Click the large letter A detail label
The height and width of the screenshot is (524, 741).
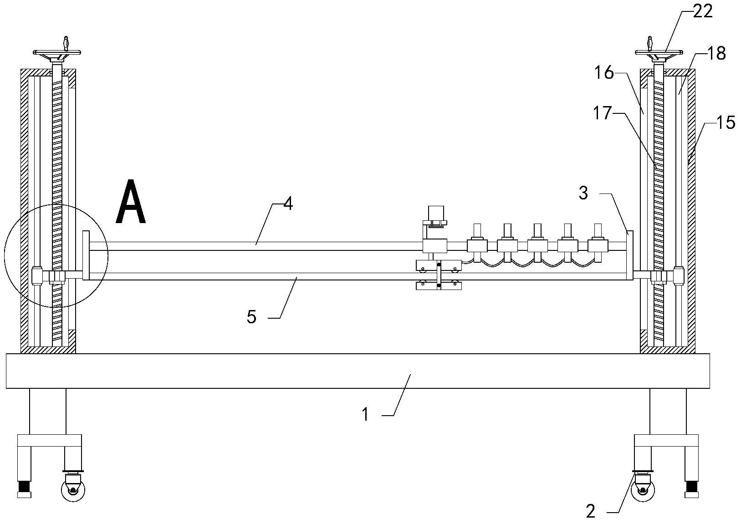coord(131,202)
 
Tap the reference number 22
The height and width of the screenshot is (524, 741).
coord(702,12)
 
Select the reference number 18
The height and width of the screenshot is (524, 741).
coord(716,53)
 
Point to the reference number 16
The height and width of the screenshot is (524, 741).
coord(604,73)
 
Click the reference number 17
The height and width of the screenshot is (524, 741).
coord(602,113)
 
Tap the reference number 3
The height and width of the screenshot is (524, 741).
coord(583,193)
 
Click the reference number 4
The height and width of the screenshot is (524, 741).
coord(288,204)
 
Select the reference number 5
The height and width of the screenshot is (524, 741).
coord(251,317)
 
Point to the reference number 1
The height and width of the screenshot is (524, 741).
coord(365,414)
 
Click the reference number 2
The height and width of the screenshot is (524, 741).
coord(591,511)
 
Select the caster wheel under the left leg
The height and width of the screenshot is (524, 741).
coord(73,488)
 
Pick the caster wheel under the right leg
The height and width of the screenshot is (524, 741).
coord(643,488)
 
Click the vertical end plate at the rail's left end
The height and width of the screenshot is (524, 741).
coord(86,255)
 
